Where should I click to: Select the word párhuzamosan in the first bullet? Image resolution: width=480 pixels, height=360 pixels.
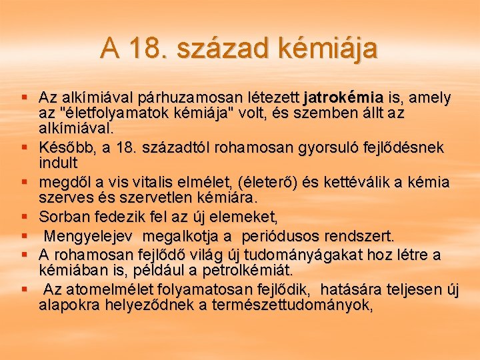[x=205, y=98]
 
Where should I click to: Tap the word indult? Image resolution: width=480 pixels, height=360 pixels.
[x=58, y=162]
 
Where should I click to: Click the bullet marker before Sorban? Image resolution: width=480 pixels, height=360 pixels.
[x=24, y=216]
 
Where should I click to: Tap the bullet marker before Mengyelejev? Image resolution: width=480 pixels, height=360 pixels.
[x=24, y=236]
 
